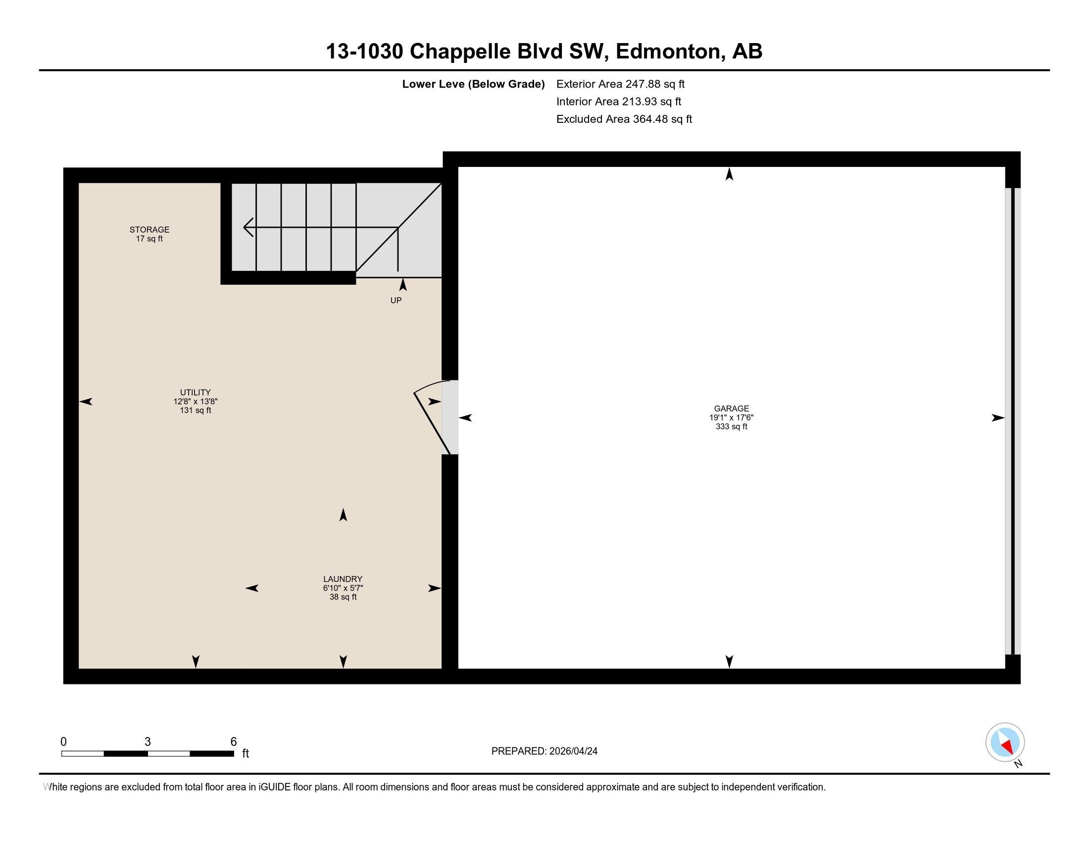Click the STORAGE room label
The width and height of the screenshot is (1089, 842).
(149, 229)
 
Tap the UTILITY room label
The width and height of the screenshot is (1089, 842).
(195, 393)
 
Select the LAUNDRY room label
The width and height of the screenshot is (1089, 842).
(343, 579)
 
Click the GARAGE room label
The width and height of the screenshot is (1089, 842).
(731, 409)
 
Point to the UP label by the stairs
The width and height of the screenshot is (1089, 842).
(396, 300)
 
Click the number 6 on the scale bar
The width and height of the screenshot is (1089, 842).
(233, 742)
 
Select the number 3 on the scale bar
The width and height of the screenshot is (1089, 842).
(148, 742)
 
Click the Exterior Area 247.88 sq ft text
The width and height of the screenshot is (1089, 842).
(620, 84)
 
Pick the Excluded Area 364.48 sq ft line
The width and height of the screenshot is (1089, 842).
(624, 119)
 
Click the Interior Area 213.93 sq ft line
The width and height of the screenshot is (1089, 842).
(618, 102)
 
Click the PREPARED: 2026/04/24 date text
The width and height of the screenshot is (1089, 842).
(544, 751)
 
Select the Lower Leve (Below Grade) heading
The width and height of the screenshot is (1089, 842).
(473, 84)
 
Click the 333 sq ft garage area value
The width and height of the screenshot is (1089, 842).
(731, 427)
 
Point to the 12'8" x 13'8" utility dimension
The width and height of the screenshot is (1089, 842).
(195, 402)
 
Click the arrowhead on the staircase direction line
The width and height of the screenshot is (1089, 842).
(247, 227)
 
